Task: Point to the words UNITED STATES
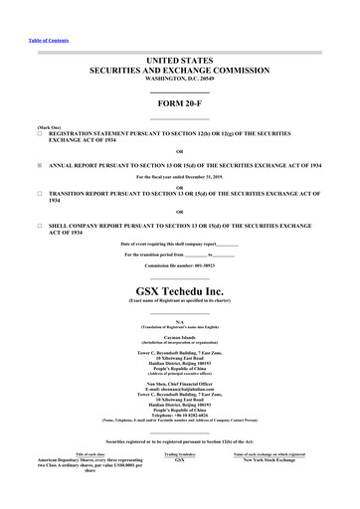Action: pos(180,61)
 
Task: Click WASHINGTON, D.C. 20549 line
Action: pos(180,81)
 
